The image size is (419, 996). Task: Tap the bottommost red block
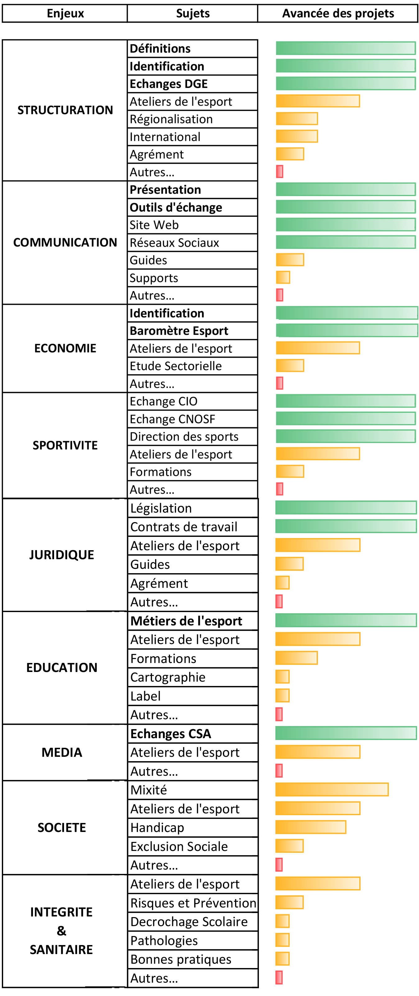click(x=275, y=977)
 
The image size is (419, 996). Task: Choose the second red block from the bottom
click(x=275, y=864)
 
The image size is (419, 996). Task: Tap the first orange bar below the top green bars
click(x=313, y=101)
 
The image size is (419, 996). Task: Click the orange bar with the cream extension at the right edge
click(x=327, y=789)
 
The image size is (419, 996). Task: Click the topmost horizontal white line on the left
click(x=106, y=610)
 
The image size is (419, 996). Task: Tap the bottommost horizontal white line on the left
click(x=105, y=986)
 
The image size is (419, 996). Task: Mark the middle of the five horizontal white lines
click(x=106, y=779)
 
